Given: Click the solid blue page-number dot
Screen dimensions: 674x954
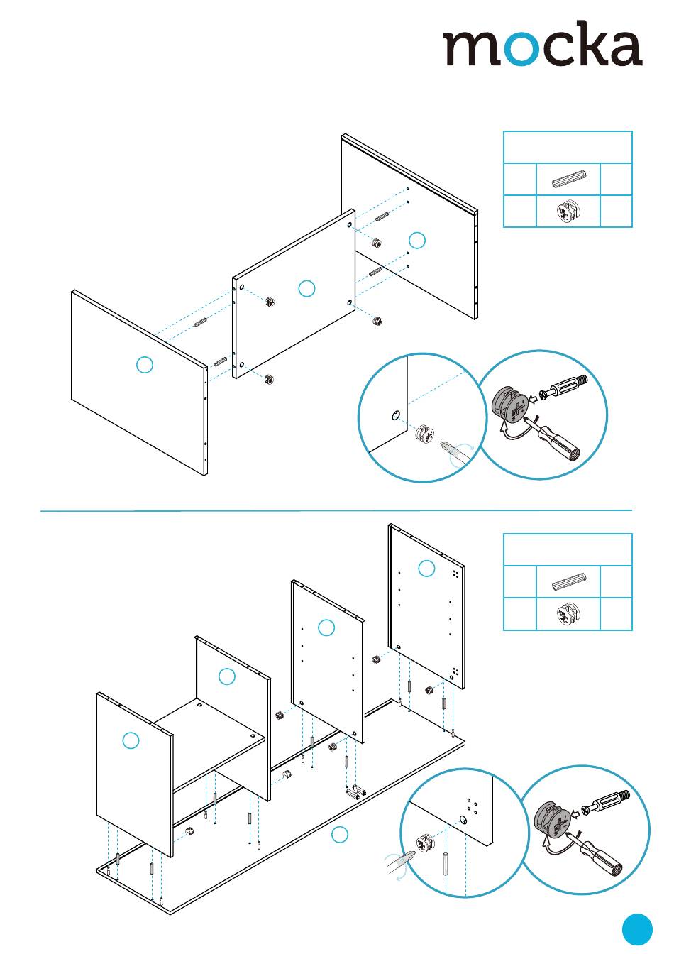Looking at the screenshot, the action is [637, 929].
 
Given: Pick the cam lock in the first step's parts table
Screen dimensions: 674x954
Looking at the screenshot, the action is [568, 212].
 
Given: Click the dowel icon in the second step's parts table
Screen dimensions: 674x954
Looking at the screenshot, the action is [568, 583].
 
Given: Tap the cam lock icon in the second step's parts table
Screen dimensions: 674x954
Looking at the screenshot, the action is [568, 614].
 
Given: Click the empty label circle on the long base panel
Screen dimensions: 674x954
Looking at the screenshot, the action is [341, 835].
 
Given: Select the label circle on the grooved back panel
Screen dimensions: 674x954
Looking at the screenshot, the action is [418, 240].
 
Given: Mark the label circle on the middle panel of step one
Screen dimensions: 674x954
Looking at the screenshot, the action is [306, 288].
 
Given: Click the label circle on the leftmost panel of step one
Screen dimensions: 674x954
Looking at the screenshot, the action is [144, 365].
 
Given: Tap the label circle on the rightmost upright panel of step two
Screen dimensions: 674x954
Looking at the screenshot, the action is [426, 568].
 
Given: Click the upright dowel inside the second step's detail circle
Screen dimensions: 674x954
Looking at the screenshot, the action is [446, 864].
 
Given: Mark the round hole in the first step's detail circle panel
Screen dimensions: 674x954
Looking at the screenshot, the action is [396, 415].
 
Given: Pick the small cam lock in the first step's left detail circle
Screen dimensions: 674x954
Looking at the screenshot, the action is [424, 434].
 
